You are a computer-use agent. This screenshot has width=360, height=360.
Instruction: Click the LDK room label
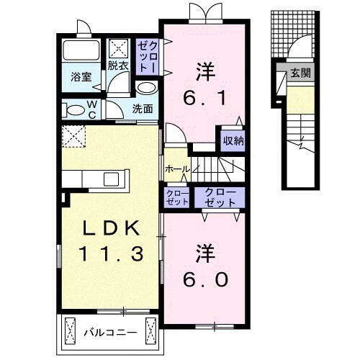[109, 229]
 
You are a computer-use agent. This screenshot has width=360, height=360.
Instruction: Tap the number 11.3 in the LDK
[109, 253]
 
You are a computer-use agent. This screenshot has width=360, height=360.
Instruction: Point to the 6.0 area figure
[204, 277]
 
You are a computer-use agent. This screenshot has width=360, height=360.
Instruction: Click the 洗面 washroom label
[143, 109]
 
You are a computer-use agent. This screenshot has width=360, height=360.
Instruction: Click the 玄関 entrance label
[300, 73]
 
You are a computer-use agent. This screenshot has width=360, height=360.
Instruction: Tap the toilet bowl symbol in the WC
[74, 110]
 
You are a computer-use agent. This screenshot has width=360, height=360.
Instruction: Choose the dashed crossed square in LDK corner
[73, 135]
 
